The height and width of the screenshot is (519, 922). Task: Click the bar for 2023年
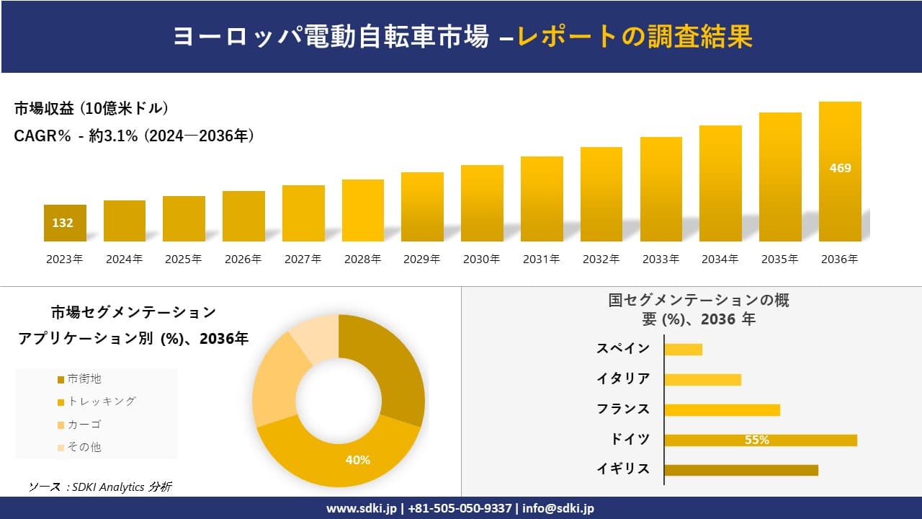tap(65, 223)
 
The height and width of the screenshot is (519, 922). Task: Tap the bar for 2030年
tap(482, 203)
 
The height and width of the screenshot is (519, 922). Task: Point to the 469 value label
tap(840, 168)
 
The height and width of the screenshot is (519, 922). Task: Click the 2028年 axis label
tap(362, 259)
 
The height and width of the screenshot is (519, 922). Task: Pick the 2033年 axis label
tap(661, 259)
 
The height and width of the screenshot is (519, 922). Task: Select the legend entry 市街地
tap(84, 379)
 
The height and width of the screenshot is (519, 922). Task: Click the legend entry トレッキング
tap(101, 402)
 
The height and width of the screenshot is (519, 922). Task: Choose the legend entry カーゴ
tap(84, 425)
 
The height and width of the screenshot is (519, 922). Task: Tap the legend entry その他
tap(84, 447)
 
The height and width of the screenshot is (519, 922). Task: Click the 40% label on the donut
tap(358, 460)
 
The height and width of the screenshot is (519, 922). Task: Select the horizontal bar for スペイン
tap(683, 350)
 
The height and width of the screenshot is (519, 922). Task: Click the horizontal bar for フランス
tap(722, 410)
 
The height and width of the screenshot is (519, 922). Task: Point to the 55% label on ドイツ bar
tap(757, 440)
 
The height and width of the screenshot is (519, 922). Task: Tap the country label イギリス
tap(623, 469)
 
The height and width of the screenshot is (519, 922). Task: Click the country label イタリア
tap(623, 378)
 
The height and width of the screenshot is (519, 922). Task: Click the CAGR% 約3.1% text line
tap(134, 136)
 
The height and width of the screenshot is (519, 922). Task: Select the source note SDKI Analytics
tap(100, 487)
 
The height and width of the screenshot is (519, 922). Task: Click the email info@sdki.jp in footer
tap(558, 508)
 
